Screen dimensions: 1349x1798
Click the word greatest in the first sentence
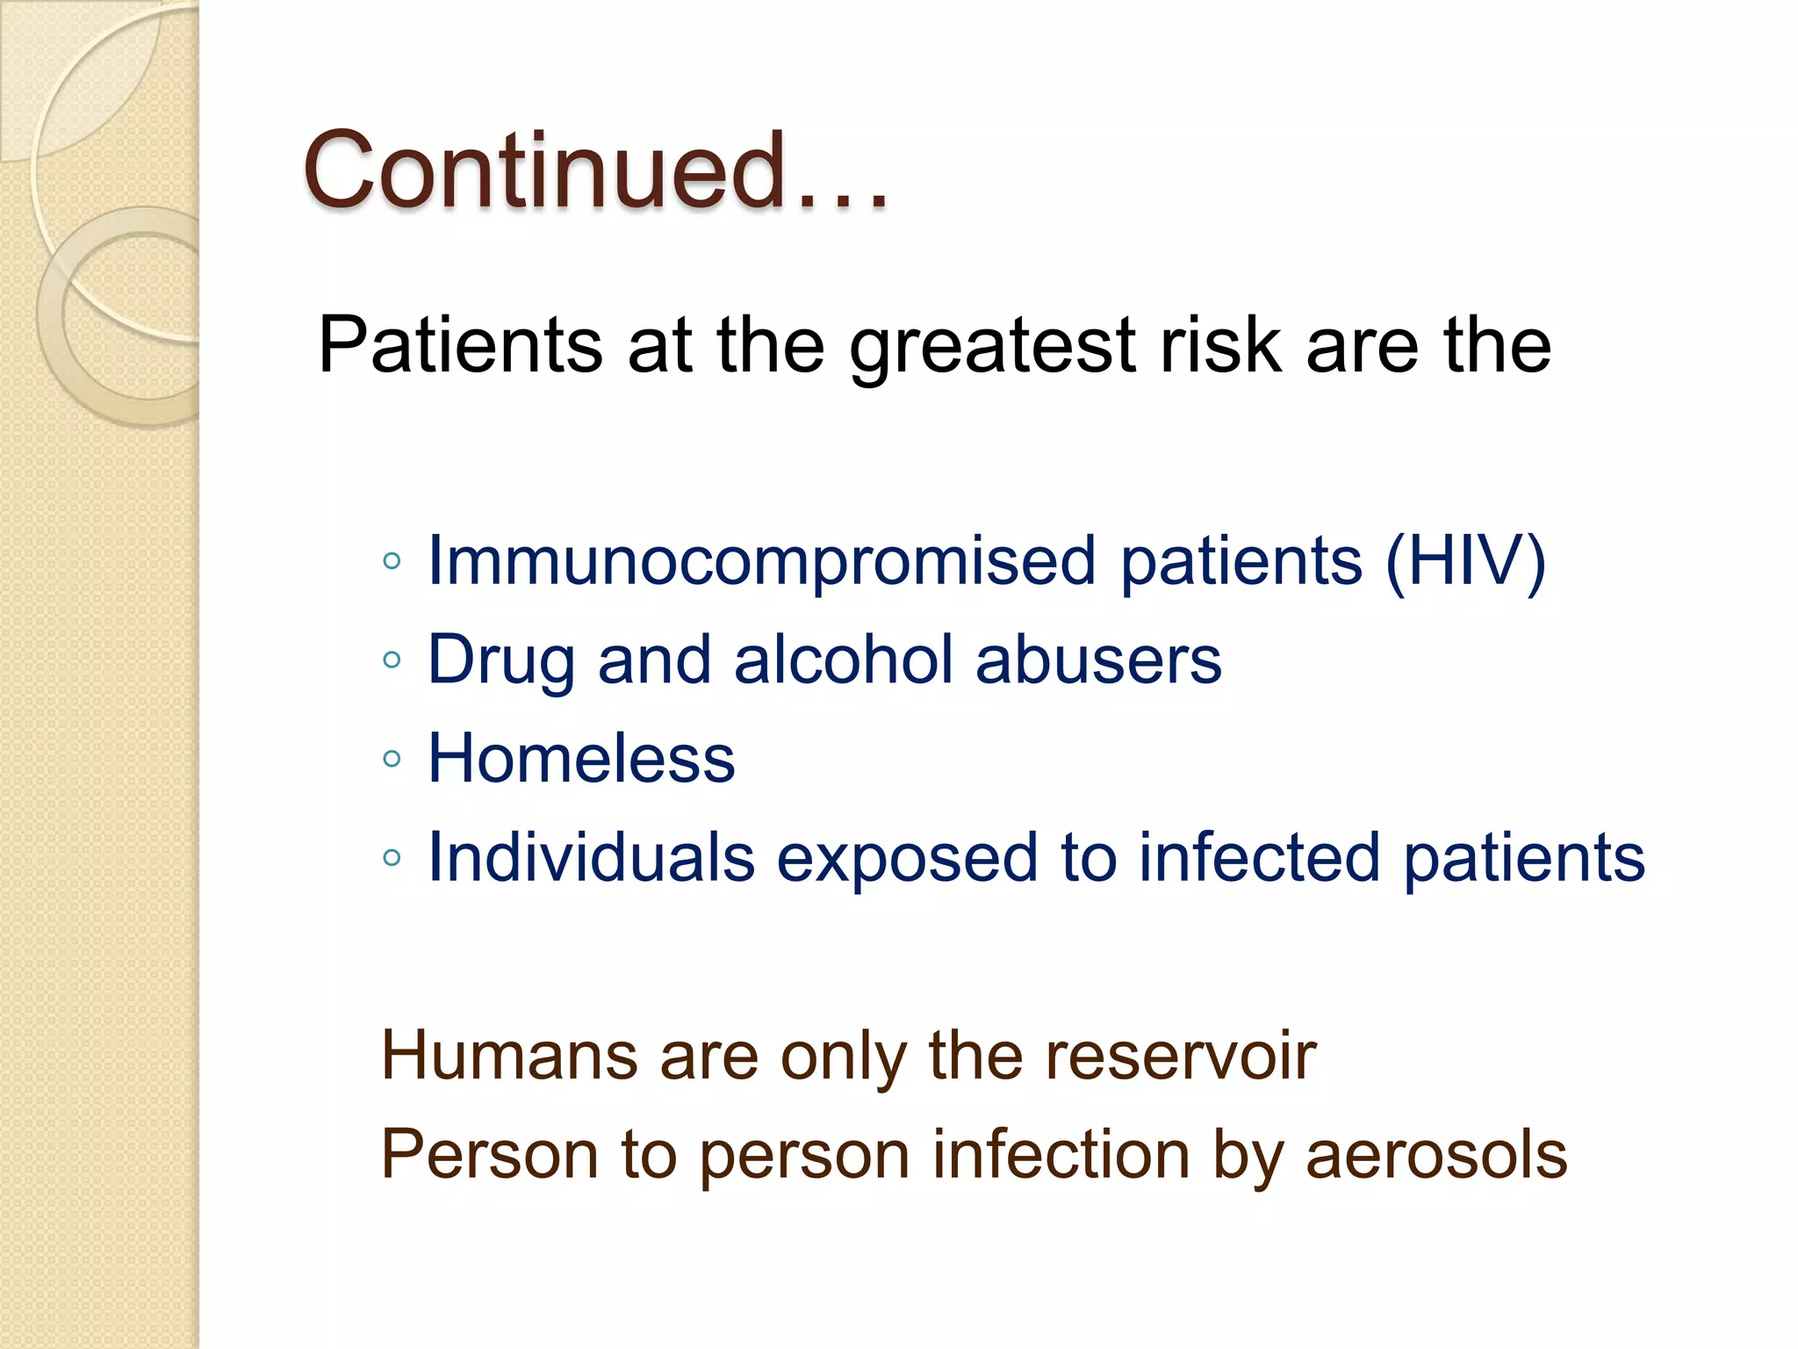(992, 346)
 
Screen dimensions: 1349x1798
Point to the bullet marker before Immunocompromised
(392, 561)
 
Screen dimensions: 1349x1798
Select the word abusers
(1097, 660)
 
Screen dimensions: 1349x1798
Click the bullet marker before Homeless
(392, 759)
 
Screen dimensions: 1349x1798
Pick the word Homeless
(581, 759)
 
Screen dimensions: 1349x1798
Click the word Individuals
(591, 857)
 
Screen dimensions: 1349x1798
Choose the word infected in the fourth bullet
(1259, 857)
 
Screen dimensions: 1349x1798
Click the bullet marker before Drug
(392, 660)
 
